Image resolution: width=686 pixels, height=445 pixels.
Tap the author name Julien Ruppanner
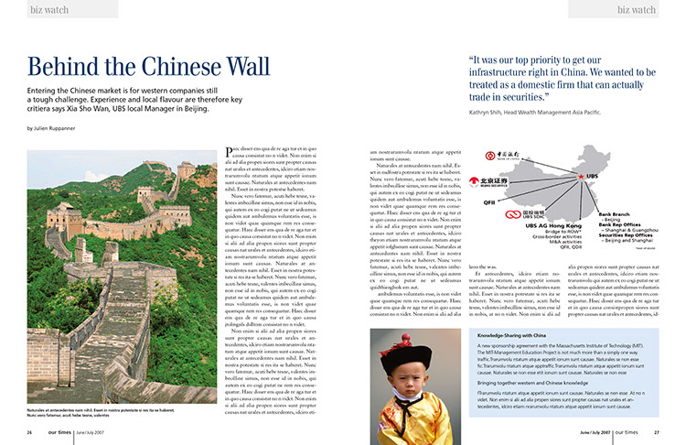pyautogui.click(x=65, y=128)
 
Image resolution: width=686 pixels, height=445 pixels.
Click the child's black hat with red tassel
pyautogui.click(x=415, y=351)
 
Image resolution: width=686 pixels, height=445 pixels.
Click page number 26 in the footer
pyautogui.click(x=30, y=431)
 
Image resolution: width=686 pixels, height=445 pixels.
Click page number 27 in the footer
pyautogui.click(x=656, y=431)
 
